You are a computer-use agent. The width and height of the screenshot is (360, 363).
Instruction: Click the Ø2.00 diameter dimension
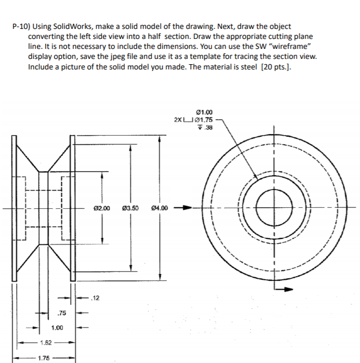(102, 208)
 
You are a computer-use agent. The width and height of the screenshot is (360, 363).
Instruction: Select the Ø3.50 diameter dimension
(130, 208)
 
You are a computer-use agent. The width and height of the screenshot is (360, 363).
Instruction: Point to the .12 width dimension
(95, 298)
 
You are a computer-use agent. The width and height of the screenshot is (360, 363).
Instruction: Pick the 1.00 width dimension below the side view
(57, 328)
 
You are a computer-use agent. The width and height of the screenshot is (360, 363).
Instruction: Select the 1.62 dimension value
(46, 343)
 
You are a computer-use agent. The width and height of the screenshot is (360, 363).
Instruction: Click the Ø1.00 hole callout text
(204, 112)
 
